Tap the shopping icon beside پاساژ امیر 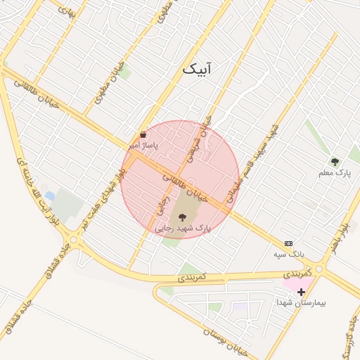(143, 134)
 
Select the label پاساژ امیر (143, 145)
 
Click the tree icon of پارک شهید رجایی (184, 217)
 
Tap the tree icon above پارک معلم (335, 162)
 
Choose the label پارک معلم (334, 172)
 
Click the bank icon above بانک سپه (288, 243)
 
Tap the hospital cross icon (301, 291)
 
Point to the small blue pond (49, 195)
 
